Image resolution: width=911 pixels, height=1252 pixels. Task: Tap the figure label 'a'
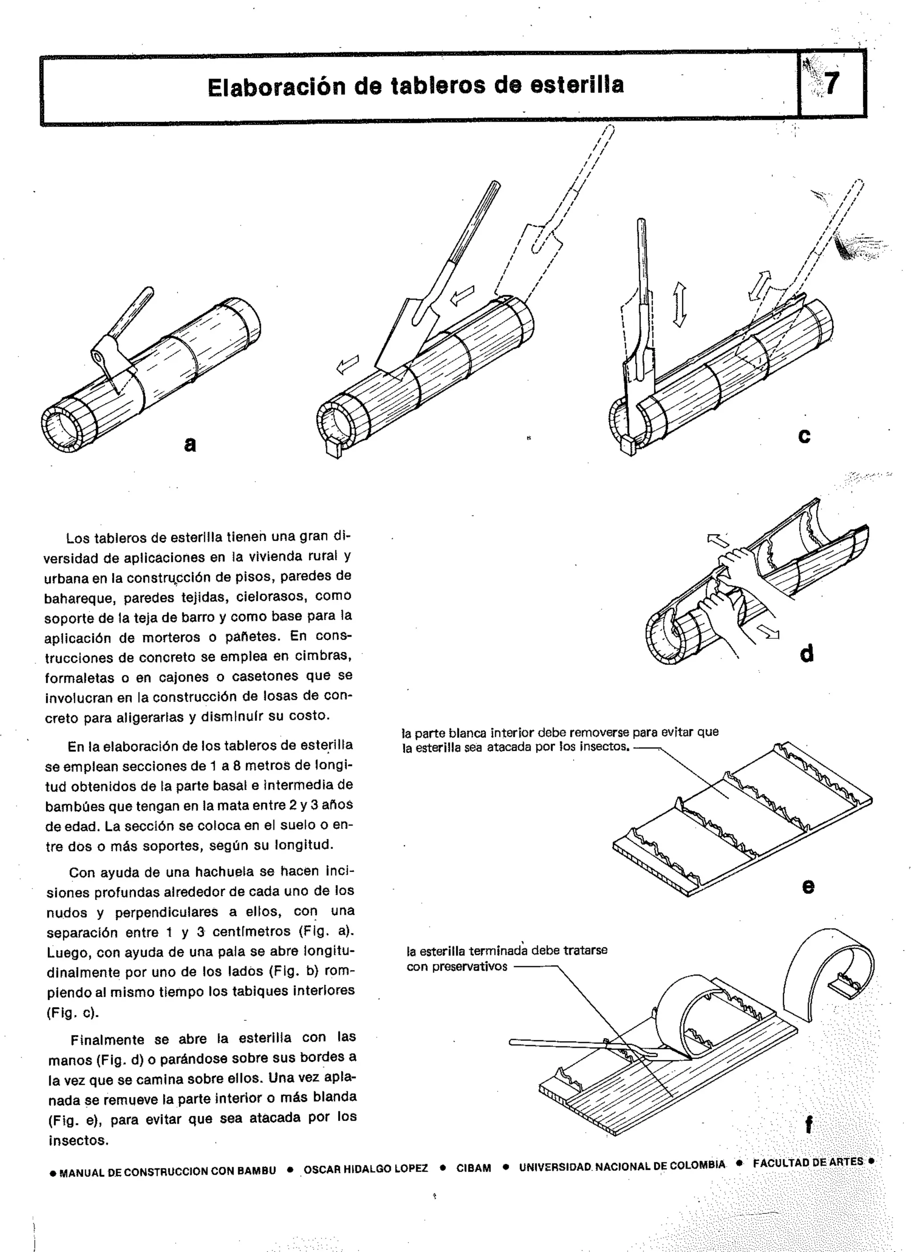tap(190, 444)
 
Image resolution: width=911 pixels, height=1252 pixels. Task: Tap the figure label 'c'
tap(804, 436)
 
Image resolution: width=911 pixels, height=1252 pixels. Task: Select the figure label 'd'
tap(806, 654)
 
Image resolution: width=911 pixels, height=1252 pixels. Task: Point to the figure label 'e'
tap(808, 886)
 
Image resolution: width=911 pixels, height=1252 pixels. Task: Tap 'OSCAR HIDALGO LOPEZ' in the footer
tap(366, 1169)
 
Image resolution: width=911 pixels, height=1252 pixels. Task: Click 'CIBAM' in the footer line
tap(474, 1168)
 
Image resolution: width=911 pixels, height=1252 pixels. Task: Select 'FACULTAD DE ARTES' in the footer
tap(808, 1162)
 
